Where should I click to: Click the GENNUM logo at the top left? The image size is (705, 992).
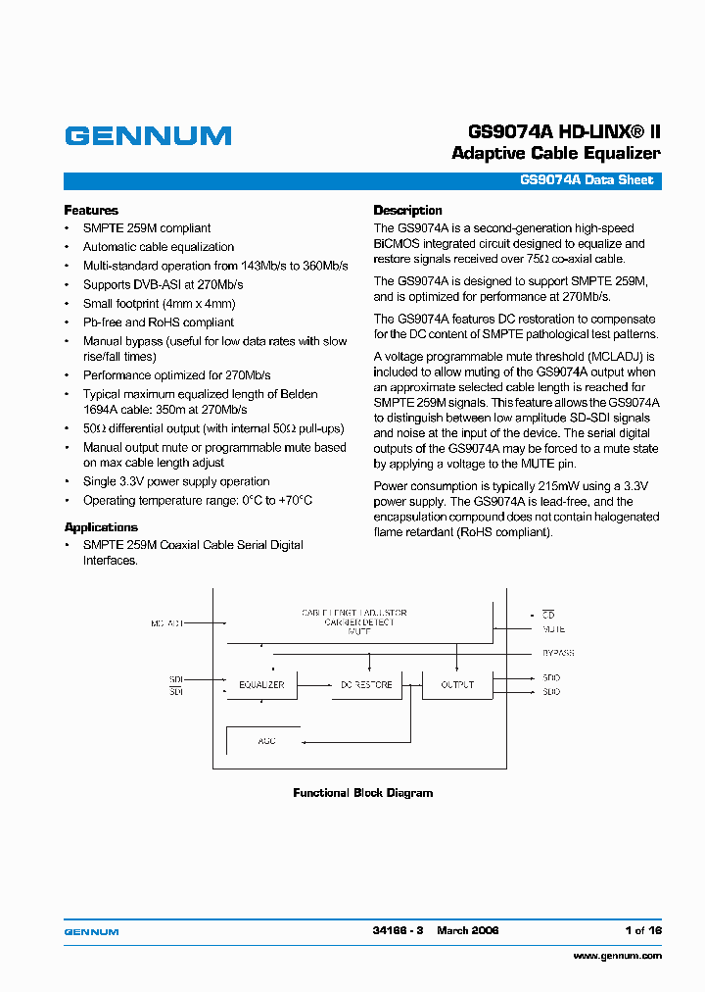pyautogui.click(x=148, y=136)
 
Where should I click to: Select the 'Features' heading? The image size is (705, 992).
pyautogui.click(x=91, y=210)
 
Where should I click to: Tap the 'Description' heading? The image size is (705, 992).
pyautogui.click(x=408, y=210)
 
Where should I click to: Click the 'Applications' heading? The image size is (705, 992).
pyautogui.click(x=101, y=526)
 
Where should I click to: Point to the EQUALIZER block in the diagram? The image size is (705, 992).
pyautogui.click(x=261, y=684)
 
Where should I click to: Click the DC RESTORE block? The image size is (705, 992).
pyautogui.click(x=365, y=684)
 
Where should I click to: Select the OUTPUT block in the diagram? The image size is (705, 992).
pyautogui.click(x=457, y=684)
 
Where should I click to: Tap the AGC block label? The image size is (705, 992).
pyautogui.click(x=266, y=740)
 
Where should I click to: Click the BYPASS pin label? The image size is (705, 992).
pyautogui.click(x=557, y=653)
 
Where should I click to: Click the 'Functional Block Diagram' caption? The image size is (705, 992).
pyautogui.click(x=362, y=793)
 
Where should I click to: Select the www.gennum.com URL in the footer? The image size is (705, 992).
pyautogui.click(x=617, y=956)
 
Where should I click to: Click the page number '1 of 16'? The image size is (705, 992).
pyautogui.click(x=642, y=930)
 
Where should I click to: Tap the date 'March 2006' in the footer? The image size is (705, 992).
pyautogui.click(x=467, y=930)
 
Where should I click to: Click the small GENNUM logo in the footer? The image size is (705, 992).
pyautogui.click(x=91, y=931)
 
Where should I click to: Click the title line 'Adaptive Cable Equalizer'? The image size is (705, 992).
pyautogui.click(x=555, y=153)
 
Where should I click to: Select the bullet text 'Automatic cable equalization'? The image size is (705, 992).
pyautogui.click(x=159, y=247)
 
